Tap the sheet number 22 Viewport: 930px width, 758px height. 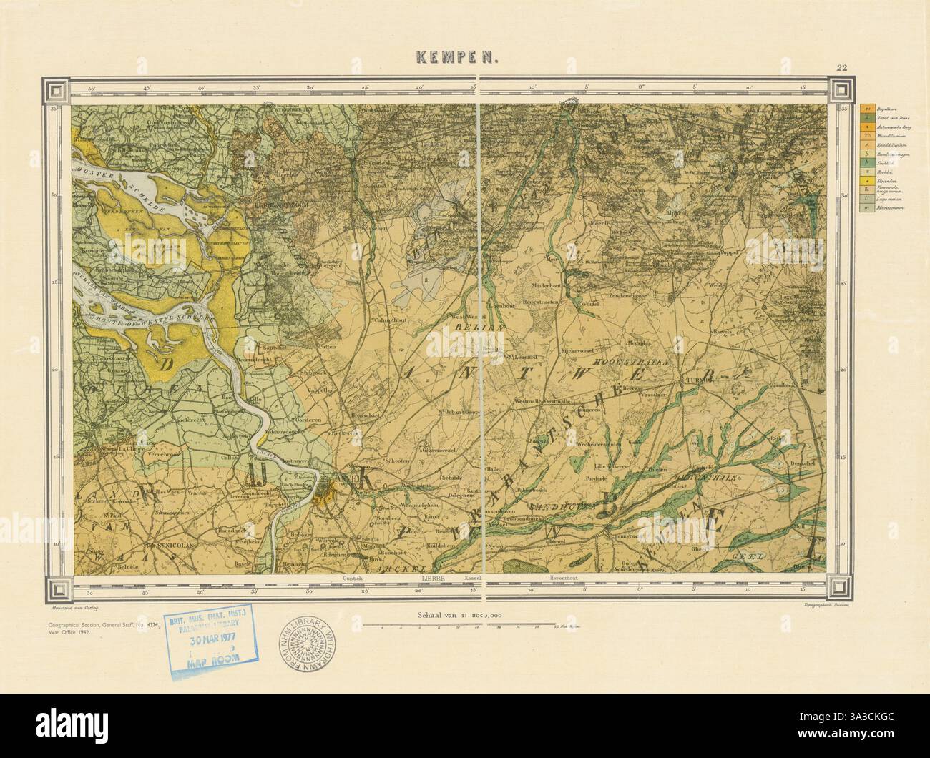point(841,68)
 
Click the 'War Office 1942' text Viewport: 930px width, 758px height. point(64,634)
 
